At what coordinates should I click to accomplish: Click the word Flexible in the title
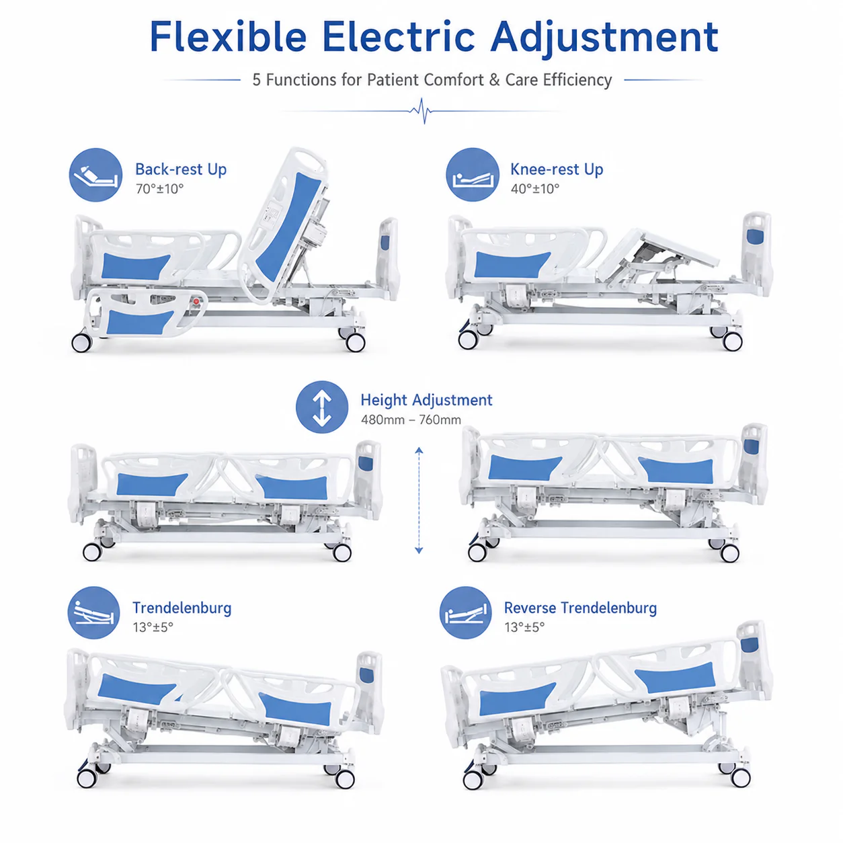tap(228, 37)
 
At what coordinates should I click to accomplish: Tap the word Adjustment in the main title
tap(604, 38)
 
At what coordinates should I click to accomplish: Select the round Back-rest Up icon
tap(96, 175)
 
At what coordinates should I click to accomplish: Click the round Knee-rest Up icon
tap(473, 175)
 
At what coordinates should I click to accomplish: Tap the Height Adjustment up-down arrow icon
tap(322, 407)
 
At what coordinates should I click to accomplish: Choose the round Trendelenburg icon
tap(93, 612)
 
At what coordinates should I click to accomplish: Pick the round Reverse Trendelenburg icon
tap(465, 612)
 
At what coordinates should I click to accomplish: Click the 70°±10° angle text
tap(160, 189)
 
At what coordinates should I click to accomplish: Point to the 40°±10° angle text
tap(535, 189)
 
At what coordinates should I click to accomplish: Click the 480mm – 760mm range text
tap(411, 420)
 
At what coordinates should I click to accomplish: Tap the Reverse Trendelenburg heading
tap(580, 608)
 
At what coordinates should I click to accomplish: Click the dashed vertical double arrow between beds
tap(419, 500)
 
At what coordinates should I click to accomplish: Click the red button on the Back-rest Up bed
tap(196, 301)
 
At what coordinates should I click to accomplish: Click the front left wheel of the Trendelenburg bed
tap(87, 778)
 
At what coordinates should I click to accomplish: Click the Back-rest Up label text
tap(181, 169)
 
